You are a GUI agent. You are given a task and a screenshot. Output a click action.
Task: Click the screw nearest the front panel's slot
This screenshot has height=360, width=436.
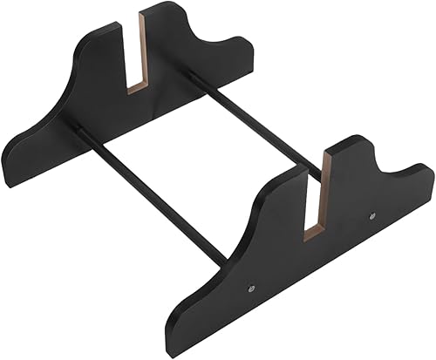tap(372, 214)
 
